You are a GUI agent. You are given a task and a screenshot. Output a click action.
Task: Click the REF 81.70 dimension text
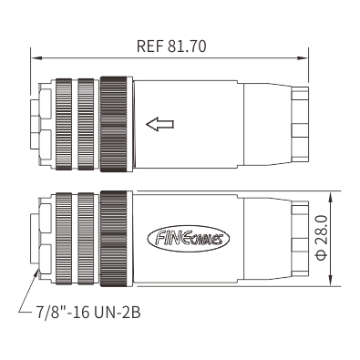tap(171, 46)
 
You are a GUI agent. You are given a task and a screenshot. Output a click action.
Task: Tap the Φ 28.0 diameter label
tap(322, 238)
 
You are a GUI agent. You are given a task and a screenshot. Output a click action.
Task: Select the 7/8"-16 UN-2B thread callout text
tap(88, 313)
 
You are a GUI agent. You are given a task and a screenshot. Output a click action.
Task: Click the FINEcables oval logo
tap(189, 238)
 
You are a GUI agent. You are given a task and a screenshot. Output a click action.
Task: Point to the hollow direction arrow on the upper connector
tap(159, 124)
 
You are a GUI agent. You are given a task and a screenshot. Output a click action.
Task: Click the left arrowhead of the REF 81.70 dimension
tap(36, 57)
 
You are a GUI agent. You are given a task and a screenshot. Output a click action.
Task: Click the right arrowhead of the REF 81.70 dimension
tap(303, 57)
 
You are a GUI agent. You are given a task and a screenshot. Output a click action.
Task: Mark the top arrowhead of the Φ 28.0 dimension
tap(331, 197)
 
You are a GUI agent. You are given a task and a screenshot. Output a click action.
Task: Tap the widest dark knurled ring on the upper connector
tap(114, 124)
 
